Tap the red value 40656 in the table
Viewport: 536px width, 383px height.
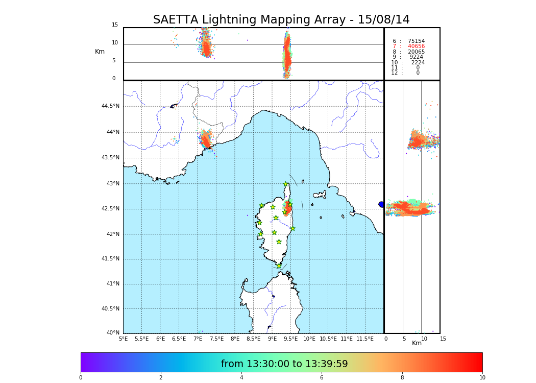pos(416,46)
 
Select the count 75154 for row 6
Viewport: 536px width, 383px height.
pos(416,41)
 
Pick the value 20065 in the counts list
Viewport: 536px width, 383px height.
pos(416,52)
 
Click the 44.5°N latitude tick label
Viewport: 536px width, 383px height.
pos(110,106)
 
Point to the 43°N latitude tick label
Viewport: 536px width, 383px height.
pos(113,184)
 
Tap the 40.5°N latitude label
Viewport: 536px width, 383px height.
pos(110,309)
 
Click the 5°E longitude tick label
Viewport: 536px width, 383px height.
pos(124,339)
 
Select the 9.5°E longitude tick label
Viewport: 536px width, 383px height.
pos(291,339)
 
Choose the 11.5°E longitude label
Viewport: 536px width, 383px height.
pos(365,339)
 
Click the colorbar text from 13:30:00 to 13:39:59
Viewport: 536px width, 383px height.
pos(284,364)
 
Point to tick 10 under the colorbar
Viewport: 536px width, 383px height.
pos(482,377)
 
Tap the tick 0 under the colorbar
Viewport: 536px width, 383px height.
pos(81,377)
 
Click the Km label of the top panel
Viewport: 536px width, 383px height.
pos(100,52)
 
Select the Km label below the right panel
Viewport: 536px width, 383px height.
pos(417,343)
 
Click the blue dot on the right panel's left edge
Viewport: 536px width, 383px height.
pos(381,204)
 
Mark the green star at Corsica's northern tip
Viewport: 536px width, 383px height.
pos(286,184)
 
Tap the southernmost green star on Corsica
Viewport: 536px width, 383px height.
pos(279,266)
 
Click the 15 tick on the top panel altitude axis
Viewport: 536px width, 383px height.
pos(115,25)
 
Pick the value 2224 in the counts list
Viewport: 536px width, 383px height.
pos(418,63)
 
